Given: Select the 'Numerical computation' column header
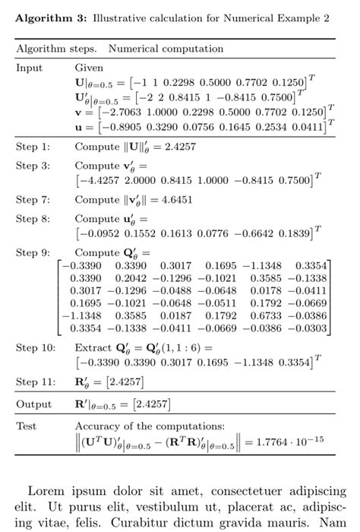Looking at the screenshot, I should point(155,49).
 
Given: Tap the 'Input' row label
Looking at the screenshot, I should point(30,67).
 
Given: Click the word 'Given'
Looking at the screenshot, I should point(89,68).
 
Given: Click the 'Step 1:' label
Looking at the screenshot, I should point(33,146).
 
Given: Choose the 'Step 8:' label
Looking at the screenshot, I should point(33,220).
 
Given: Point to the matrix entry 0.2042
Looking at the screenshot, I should point(131,277).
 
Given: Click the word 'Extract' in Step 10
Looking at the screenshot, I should point(93,347).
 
